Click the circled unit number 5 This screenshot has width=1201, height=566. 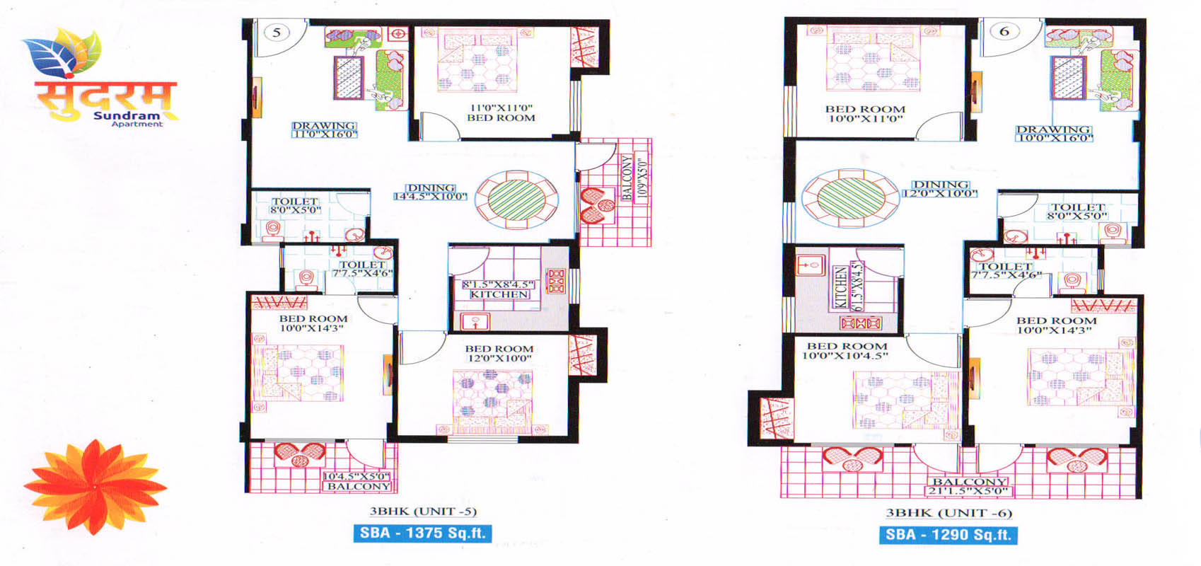(x=277, y=32)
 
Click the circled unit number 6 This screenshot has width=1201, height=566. (x=1004, y=31)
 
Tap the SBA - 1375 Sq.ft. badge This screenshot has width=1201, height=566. (x=422, y=533)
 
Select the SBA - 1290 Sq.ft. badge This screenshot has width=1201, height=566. (x=948, y=535)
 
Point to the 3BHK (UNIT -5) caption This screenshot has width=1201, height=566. (x=423, y=512)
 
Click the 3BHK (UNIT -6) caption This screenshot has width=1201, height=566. (x=949, y=513)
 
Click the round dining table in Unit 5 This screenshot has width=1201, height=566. (x=516, y=200)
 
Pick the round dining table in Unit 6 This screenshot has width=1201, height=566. (x=850, y=198)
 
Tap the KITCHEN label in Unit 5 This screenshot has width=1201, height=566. (x=499, y=294)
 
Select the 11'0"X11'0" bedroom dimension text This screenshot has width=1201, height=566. (x=501, y=108)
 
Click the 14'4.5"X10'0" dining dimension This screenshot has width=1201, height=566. (x=431, y=197)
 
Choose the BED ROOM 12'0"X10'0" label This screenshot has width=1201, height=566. (x=499, y=354)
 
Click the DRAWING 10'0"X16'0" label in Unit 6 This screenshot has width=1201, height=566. (x=1054, y=134)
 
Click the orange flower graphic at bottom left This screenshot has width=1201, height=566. (x=95, y=487)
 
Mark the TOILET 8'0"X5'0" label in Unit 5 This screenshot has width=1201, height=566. (x=295, y=206)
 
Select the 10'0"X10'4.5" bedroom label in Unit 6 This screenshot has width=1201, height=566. (x=846, y=351)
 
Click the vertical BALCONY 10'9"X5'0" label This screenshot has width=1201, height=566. (x=634, y=178)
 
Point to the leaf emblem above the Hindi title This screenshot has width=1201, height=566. (x=62, y=52)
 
